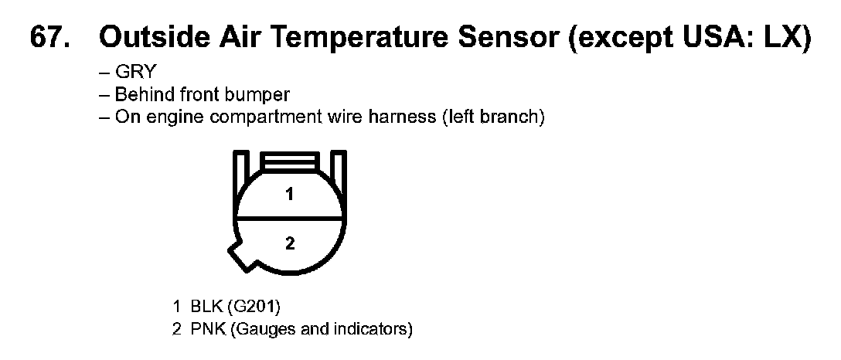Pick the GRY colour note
[134, 71]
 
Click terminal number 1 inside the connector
[290, 195]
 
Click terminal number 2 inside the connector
[290, 244]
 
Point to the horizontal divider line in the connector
[289, 219]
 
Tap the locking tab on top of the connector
[289, 160]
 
